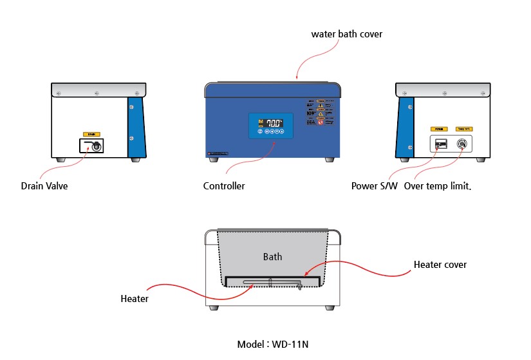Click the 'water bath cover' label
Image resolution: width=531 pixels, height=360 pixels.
(x=346, y=33)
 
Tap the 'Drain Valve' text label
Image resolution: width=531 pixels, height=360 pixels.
(x=44, y=186)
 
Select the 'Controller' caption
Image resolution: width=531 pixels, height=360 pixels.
(x=224, y=186)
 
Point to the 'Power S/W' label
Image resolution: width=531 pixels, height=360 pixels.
(x=375, y=186)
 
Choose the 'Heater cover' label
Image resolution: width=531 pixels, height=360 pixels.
(x=440, y=264)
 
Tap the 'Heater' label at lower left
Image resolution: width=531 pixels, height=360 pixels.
(x=135, y=299)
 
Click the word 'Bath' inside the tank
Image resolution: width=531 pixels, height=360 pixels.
(x=272, y=256)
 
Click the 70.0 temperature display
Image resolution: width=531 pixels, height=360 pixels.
(x=274, y=122)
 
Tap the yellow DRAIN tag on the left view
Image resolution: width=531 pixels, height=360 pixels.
(x=91, y=133)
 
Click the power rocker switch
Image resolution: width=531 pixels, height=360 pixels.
(x=440, y=144)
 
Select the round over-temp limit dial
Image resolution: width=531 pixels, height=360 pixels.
(x=462, y=144)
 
